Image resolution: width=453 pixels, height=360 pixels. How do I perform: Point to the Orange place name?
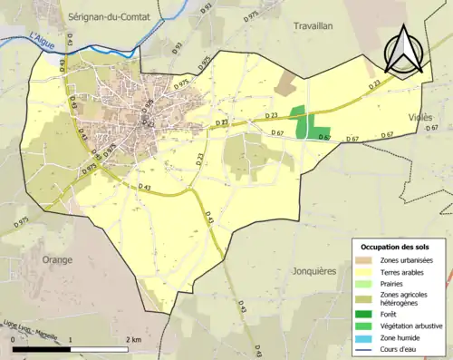(56, 259)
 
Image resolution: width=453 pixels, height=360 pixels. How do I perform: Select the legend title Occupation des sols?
(396, 247)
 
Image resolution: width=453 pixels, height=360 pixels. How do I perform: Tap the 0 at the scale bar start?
(13, 339)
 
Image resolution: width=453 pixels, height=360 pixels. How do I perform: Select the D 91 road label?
(206, 9)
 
